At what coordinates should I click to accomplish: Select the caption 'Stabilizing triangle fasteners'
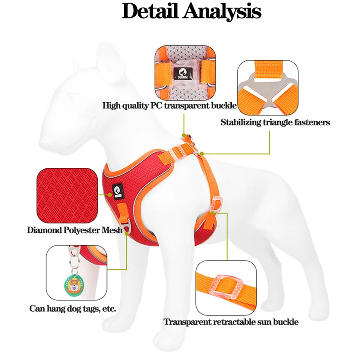[275, 122]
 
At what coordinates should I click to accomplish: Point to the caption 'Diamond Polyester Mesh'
[75, 230]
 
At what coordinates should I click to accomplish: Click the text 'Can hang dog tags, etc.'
[73, 309]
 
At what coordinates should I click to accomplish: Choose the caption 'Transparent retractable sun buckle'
[231, 322]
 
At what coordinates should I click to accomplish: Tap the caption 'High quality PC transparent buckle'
[169, 106]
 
